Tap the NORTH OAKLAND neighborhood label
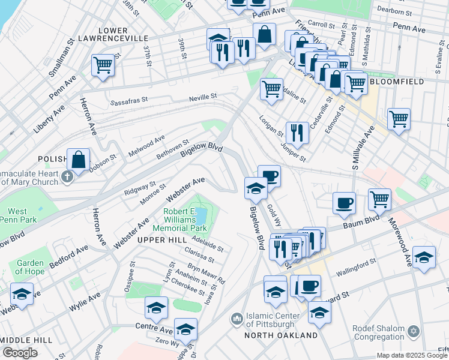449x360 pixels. pos(281,335)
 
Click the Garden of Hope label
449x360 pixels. pos(29,268)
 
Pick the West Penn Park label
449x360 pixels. pos(17,216)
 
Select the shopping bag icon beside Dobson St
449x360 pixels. pos(78,160)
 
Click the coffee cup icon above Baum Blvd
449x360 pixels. pos(344,203)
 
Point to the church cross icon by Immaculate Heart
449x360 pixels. pos(67,176)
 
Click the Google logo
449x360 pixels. pos(20,353)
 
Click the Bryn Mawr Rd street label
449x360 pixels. pos(206,272)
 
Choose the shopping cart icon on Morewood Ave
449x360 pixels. pos(379,199)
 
